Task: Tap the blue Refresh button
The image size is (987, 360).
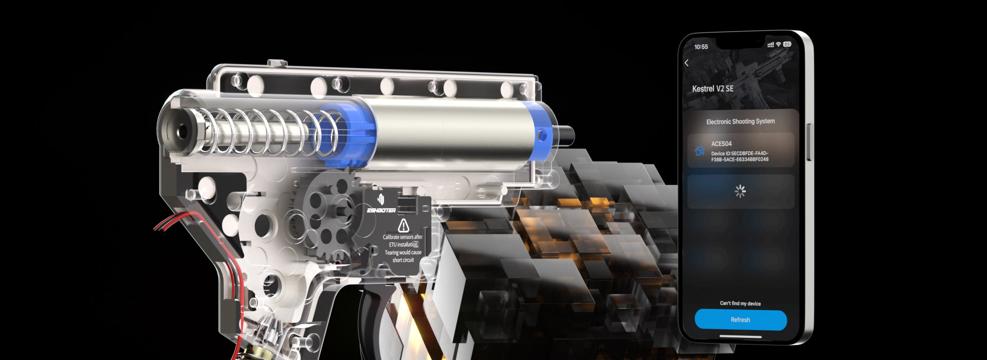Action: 740,320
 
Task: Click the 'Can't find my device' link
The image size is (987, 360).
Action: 740,303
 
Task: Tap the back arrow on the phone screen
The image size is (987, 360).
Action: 687,63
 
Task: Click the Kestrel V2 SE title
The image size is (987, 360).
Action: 712,88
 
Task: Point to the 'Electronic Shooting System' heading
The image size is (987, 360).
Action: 740,121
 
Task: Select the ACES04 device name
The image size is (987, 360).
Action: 721,143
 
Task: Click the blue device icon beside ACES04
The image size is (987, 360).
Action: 700,151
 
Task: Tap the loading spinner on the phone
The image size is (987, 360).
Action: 740,191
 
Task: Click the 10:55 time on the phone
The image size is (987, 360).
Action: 701,47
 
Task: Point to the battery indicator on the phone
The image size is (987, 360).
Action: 787,44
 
